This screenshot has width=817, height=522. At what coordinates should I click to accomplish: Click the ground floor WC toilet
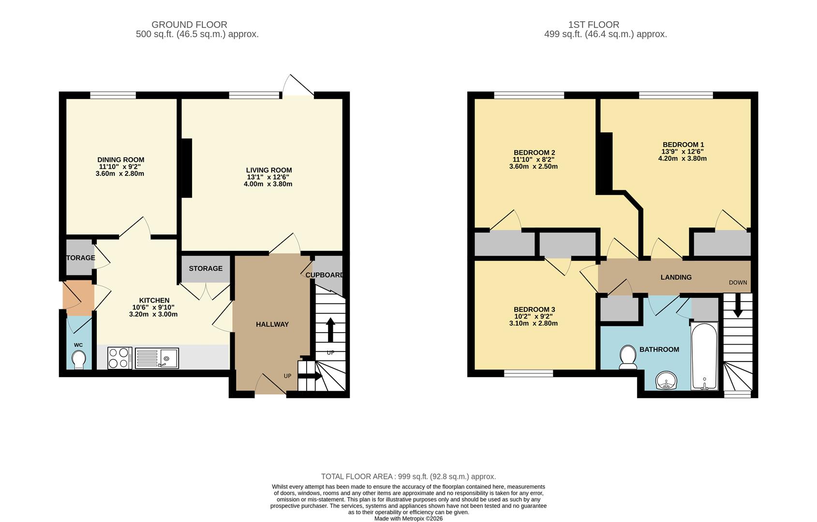(78, 360)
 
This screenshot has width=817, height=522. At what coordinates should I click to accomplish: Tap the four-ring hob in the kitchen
(119, 358)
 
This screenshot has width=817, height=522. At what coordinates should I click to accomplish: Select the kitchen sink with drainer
(157, 358)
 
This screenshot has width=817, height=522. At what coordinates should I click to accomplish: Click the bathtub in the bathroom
(704, 357)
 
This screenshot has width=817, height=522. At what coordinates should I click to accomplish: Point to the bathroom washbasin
(667, 381)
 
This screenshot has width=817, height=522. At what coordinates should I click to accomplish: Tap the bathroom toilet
(628, 357)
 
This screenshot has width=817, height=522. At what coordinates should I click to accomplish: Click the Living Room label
(268, 170)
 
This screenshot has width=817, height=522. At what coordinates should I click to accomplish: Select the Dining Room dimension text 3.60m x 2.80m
(120, 174)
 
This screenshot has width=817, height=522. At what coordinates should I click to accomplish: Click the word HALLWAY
(272, 324)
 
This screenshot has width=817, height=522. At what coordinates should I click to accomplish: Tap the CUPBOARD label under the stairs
(325, 275)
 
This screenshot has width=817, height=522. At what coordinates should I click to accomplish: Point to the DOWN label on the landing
(738, 282)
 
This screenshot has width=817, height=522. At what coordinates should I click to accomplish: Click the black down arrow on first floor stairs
(738, 307)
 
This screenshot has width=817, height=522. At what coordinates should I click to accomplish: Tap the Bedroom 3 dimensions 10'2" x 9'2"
(534, 317)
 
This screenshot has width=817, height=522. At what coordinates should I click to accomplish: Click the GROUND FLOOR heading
(189, 25)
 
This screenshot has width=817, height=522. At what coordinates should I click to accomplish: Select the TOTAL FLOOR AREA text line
(408, 477)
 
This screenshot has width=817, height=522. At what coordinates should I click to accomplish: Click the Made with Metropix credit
(408, 518)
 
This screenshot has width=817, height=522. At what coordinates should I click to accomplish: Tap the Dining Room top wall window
(113, 95)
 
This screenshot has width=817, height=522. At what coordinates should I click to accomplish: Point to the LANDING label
(676, 277)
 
